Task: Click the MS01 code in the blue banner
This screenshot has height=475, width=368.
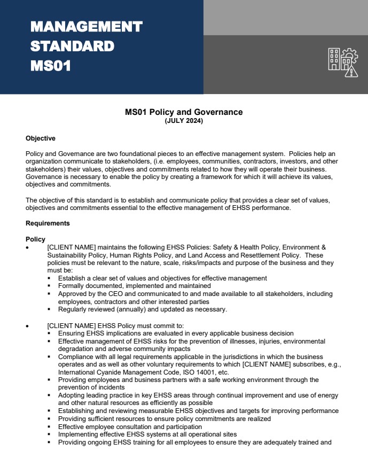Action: (51, 66)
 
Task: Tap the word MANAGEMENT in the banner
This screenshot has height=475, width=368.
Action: (87, 26)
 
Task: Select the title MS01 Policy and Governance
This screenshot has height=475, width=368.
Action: (184, 112)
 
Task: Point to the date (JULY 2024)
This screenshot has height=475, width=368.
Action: (184, 121)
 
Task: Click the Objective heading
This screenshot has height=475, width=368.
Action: (41, 138)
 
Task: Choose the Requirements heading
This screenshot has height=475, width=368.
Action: (48, 223)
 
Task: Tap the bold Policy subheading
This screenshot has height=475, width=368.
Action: (35, 239)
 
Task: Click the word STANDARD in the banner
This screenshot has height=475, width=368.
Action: (72, 46)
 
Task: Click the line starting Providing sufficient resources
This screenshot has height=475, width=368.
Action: (164, 419)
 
